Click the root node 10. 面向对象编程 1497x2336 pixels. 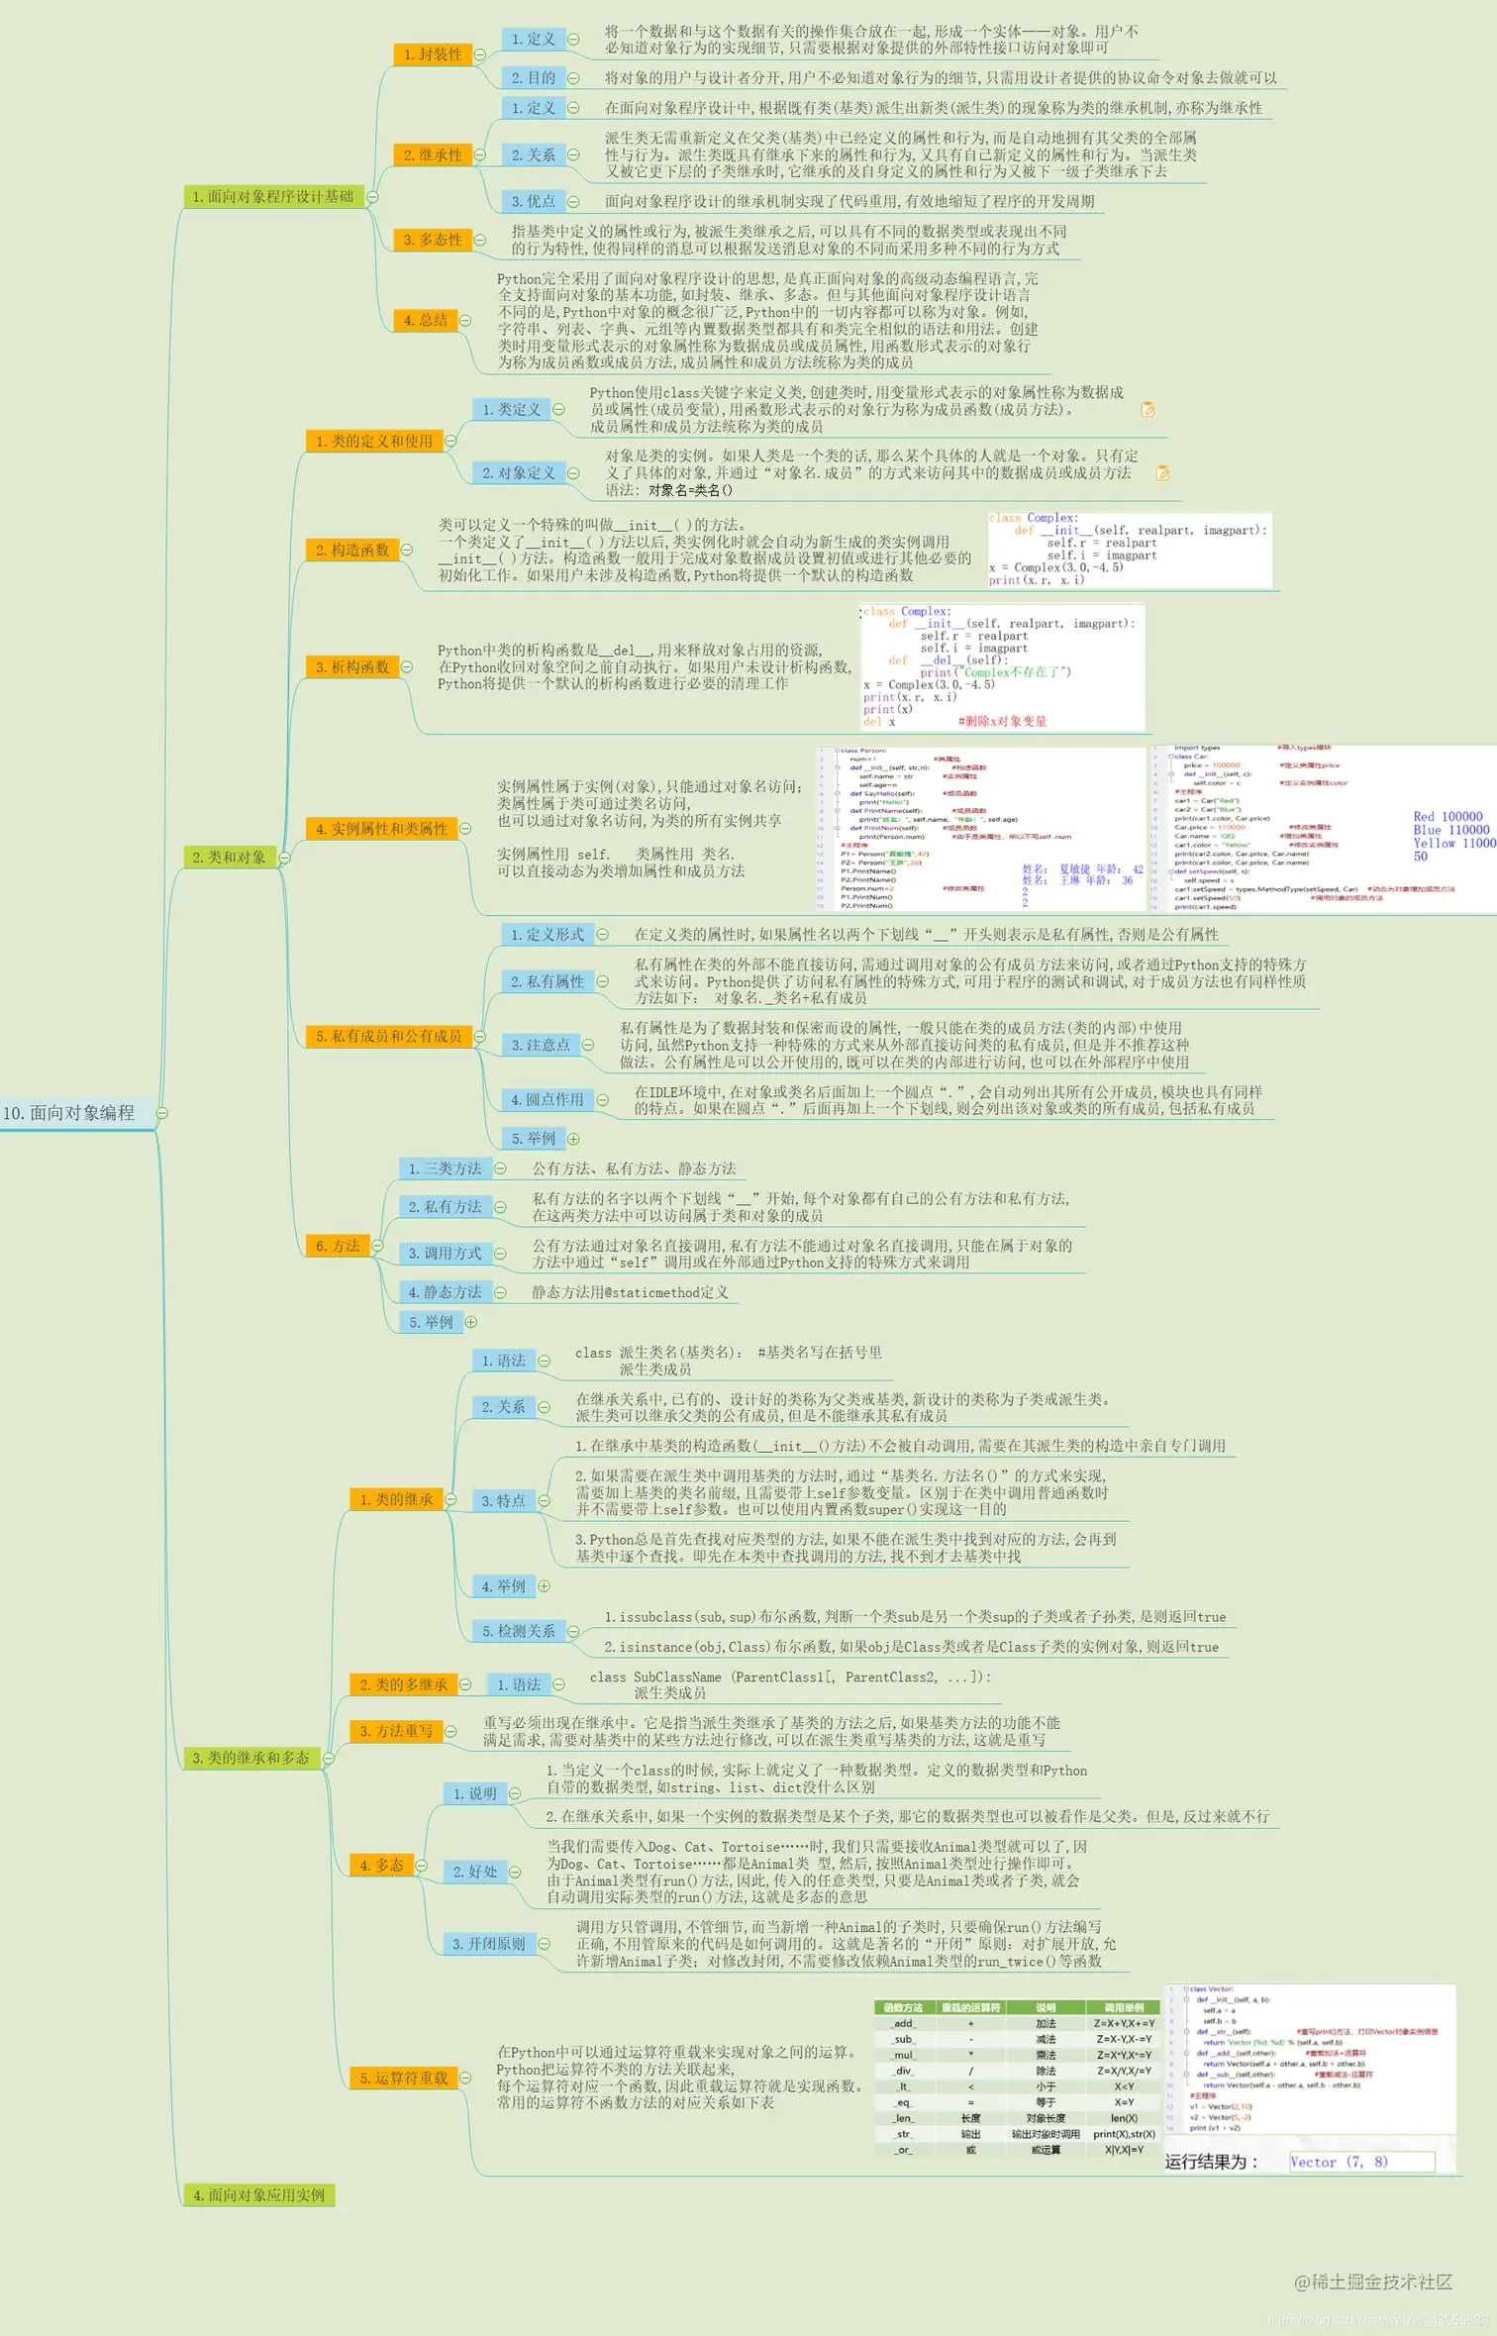pos(69,1113)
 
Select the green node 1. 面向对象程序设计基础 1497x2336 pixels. pos(273,197)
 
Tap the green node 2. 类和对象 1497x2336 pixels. pos(230,858)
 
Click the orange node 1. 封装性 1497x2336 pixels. pos(433,54)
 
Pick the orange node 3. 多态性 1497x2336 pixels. pos(433,240)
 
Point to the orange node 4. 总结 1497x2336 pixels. pos(426,320)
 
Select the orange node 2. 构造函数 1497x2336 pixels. pos(352,550)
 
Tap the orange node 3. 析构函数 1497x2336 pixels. pos(352,667)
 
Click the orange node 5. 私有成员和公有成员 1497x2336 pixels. pos(389,1036)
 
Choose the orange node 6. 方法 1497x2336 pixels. pos(338,1246)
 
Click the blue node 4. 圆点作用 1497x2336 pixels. pos(548,1099)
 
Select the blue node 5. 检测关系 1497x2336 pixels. pos(519,1631)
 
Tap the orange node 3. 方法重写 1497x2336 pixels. pos(396,1731)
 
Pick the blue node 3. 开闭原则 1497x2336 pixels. pos(489,1944)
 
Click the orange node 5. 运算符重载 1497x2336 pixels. pos(404,2078)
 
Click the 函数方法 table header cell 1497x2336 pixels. pos(903,2007)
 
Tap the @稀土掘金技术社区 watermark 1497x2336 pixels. pos(1373,2282)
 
